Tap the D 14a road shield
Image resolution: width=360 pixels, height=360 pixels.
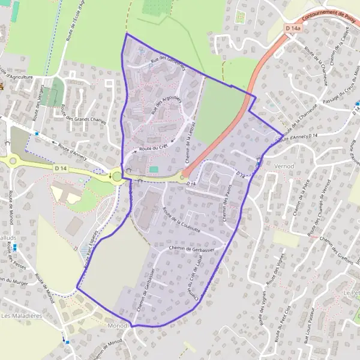click(x=293, y=28)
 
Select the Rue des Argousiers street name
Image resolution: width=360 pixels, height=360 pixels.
click(x=167, y=103)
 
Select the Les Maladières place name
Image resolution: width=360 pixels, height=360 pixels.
click(x=22, y=315)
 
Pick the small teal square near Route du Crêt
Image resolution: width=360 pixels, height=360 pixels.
click(x=154, y=169)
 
